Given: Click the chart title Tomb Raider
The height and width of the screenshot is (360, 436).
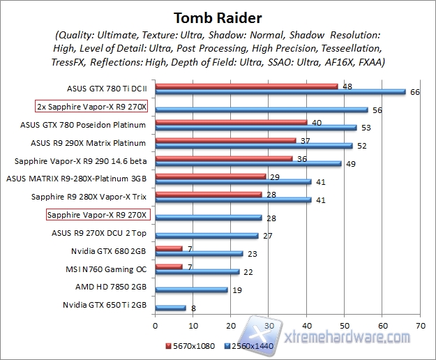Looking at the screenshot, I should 218,16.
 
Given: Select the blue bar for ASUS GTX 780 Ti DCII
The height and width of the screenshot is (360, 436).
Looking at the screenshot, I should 280,91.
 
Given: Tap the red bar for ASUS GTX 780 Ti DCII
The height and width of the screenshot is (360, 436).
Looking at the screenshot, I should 246,87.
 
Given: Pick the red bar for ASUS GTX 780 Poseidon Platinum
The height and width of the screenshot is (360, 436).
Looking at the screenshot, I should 231,122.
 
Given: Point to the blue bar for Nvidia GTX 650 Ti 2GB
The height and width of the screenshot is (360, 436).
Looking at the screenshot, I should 170,307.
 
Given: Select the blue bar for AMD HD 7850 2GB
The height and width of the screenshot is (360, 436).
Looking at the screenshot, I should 191,289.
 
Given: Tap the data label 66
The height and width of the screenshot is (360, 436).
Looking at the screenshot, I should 414,92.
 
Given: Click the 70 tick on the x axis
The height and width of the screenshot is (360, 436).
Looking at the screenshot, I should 419,326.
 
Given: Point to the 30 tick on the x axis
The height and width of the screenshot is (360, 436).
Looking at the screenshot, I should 268,326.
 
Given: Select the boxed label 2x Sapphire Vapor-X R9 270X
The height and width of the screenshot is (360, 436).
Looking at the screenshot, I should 96,107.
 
